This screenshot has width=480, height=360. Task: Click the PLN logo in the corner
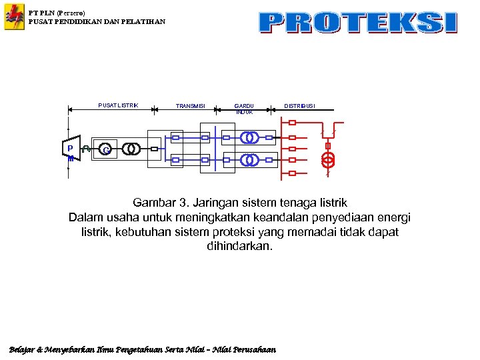[14, 17]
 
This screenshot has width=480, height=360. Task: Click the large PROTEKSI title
[358, 23]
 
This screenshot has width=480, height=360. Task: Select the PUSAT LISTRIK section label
[118, 105]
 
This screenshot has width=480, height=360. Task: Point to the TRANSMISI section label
[191, 106]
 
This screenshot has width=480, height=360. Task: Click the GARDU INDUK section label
[244, 109]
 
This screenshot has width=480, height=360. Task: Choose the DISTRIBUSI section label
[300, 105]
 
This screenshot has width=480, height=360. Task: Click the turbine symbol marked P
[69, 149]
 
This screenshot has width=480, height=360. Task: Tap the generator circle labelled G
[105, 149]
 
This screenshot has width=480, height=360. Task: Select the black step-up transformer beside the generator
[131, 149]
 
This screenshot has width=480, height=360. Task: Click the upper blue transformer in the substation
[250, 138]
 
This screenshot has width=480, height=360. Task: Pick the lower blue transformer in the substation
[250, 160]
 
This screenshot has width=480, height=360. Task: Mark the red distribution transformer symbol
[327, 160]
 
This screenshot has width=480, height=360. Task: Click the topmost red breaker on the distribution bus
[292, 123]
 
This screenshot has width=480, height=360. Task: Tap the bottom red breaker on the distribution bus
[292, 173]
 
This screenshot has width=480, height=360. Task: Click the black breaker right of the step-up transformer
[154, 149]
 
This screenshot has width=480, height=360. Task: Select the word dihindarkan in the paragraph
[239, 246]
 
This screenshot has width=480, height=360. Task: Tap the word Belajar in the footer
[22, 349]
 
